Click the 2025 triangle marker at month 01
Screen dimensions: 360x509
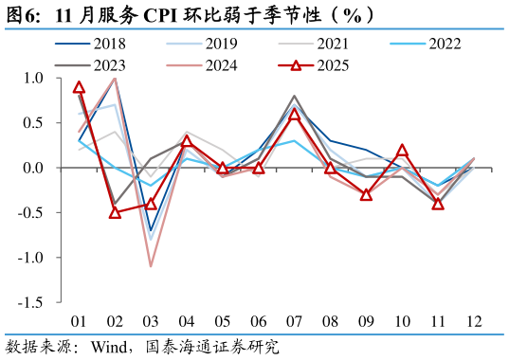80,87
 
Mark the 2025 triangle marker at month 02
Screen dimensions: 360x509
115,212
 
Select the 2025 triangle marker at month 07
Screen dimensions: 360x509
294,115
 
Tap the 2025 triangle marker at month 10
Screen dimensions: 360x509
402,150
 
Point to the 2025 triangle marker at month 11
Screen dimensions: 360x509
438,204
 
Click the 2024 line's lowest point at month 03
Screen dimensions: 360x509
151,266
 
